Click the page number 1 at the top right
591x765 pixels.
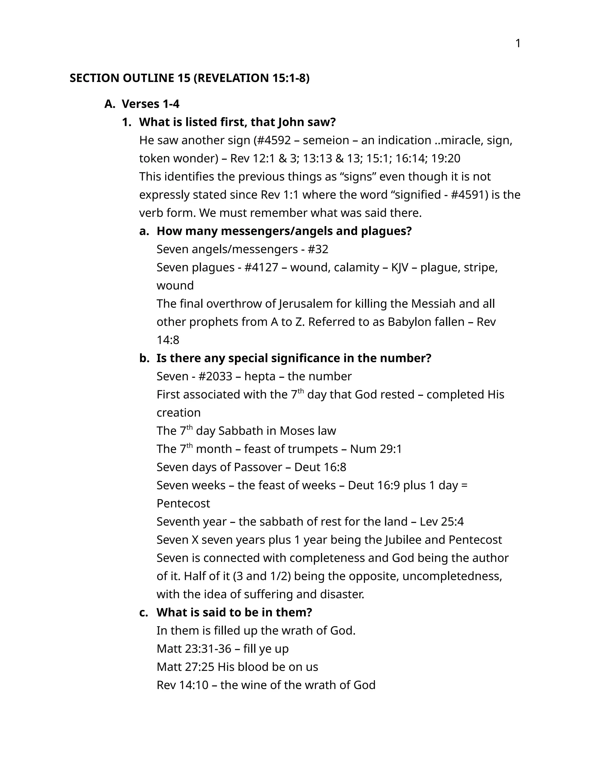pos(518,44)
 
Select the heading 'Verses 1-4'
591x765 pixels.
pos(151,104)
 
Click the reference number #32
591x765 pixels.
pos(318,249)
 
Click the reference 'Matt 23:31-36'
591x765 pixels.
pos(194,649)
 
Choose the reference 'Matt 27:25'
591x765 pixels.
pos(185,667)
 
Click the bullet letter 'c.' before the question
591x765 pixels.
pos(143,612)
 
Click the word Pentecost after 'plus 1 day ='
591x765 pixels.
pos(183,504)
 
